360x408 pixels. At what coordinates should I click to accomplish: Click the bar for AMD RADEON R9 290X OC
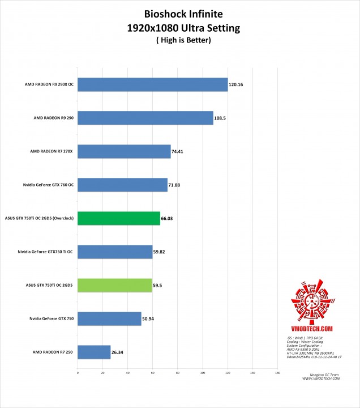coord(152,85)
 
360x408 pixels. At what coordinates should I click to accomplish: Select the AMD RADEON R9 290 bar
coord(145,118)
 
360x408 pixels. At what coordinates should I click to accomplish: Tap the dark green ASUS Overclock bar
coord(118,218)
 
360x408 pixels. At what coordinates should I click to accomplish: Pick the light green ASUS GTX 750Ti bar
coord(114,285)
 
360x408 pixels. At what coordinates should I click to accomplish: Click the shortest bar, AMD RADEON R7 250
coord(93,352)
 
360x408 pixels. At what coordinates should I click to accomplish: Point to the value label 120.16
coord(236,85)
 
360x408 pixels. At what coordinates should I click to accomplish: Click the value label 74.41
coord(178,152)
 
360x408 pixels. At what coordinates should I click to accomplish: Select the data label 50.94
coord(149,319)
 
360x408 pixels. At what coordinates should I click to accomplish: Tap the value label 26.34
coord(118,352)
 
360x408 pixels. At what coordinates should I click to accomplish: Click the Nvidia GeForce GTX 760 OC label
coord(49,185)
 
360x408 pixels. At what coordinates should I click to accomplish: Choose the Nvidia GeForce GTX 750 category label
coord(52,319)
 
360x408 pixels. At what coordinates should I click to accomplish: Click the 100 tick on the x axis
coord(202,373)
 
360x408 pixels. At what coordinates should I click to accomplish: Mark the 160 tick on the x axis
coord(277,373)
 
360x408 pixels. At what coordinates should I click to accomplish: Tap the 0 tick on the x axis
coord(78,373)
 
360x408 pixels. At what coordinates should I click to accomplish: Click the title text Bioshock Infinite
coord(179,14)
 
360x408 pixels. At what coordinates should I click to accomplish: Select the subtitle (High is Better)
coord(179,40)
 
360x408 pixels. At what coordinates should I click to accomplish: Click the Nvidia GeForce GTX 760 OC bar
coord(122,185)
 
